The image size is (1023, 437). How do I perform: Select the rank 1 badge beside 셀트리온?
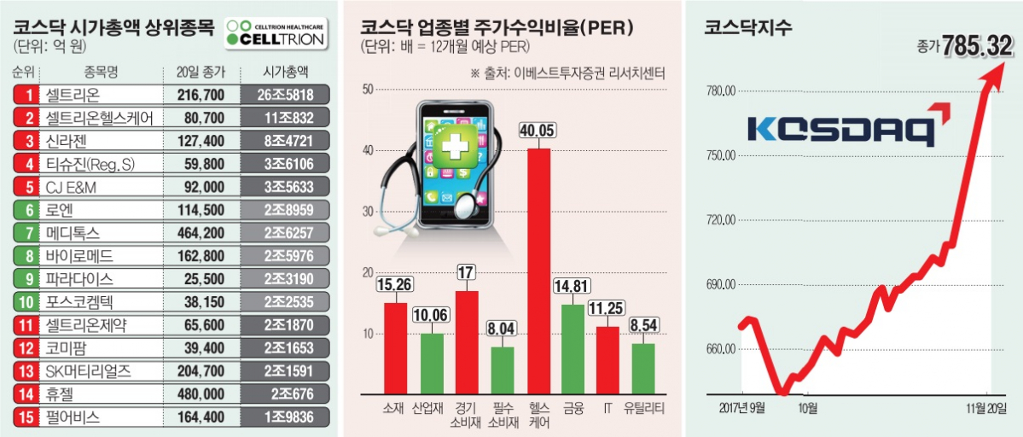[28, 95]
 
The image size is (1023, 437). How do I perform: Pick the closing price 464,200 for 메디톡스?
[201, 233]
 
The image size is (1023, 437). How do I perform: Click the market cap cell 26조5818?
[286, 95]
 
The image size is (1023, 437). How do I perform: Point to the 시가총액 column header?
[286, 72]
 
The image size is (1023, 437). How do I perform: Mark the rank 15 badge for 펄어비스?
[28, 417]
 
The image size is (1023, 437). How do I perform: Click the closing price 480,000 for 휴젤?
[201, 394]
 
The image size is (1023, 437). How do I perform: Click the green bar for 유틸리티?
[642, 368]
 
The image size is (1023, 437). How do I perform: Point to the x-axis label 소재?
[395, 408]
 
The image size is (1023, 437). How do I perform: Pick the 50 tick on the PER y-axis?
[369, 89]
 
